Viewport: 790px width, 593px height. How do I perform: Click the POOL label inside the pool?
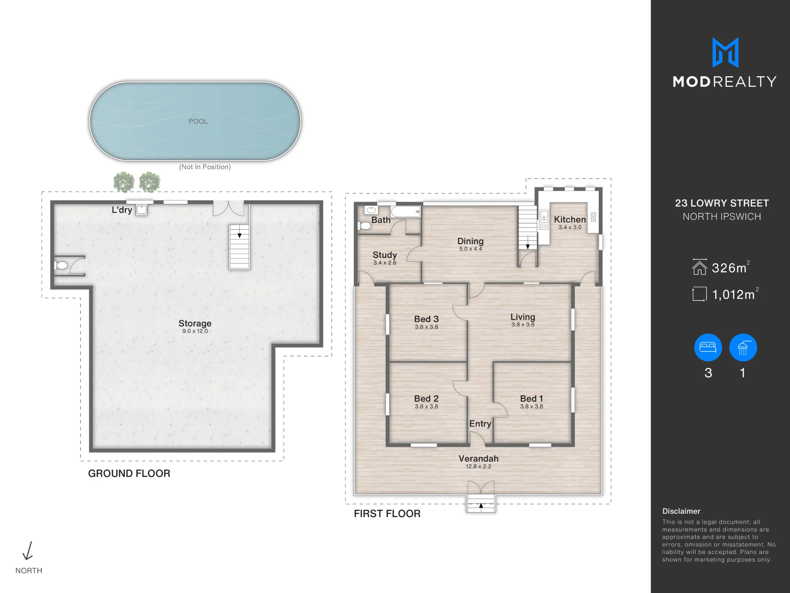coord(198,121)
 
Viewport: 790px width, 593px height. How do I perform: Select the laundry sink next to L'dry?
coord(141,210)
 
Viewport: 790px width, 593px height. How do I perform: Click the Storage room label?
coord(195,323)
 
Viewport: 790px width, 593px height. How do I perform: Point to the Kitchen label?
coord(570,219)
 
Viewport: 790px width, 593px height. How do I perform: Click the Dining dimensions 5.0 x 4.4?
coord(470,249)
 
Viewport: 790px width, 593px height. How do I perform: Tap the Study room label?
coord(385,255)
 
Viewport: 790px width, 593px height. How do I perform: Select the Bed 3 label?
coord(426,319)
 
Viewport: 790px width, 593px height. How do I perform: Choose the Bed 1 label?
coord(532,398)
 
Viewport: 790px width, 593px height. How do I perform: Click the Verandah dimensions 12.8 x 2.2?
coord(478,466)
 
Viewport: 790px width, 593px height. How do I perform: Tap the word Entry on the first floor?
coord(480,424)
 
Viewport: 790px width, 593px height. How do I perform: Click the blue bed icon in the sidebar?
coord(708,347)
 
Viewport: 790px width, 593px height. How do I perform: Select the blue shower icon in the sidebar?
coord(743,347)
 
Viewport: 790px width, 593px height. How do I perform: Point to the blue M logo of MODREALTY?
coord(725,53)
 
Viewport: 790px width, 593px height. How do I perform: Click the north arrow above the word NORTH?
coord(28,551)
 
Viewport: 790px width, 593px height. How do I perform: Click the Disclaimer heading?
coord(681,511)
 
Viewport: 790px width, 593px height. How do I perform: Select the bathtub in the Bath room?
coord(406,212)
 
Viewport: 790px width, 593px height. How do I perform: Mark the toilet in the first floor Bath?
coord(365,226)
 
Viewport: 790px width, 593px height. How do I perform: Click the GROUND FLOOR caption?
coord(129,473)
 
